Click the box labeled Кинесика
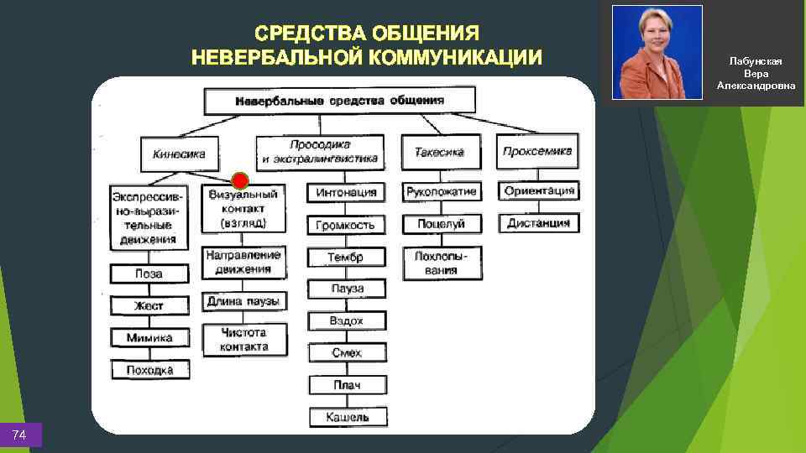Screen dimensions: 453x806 point(180,154)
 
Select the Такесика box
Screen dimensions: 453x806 point(439,153)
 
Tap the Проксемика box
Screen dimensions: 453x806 point(537,152)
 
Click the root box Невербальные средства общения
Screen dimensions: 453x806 point(339,101)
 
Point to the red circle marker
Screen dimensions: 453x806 point(240,180)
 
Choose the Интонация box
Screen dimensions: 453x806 point(347,193)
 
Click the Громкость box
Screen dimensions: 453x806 point(346,225)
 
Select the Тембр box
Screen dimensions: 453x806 point(346,258)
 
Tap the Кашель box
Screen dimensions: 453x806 point(347,417)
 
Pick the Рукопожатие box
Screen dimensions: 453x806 point(442,192)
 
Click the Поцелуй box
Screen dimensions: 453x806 point(442,224)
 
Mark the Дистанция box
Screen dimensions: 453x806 point(539,223)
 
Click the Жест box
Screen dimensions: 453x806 point(149,306)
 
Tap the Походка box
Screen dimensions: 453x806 point(149,370)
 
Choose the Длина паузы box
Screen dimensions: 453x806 point(243,301)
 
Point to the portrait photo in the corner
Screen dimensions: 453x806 point(657,52)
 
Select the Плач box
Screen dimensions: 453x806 point(347,385)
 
